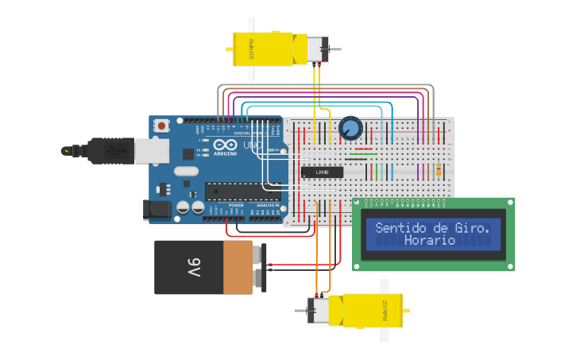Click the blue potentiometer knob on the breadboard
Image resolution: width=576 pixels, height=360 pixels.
tap(350, 127)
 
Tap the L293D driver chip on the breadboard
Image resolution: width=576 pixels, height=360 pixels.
tap(322, 172)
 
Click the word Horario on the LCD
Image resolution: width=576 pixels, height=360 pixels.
tap(430, 240)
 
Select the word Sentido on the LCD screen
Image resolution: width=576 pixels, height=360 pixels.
tap(401, 227)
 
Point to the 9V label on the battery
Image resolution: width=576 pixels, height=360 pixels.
tap(193, 267)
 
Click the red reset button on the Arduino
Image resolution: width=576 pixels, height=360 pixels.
tap(162, 126)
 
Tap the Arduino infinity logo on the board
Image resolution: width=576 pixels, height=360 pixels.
tap(223, 146)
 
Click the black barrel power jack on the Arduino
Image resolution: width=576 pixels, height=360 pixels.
tap(156, 210)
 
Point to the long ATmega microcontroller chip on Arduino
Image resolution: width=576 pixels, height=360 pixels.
tap(242, 191)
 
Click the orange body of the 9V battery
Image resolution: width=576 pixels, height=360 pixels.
tap(238, 267)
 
